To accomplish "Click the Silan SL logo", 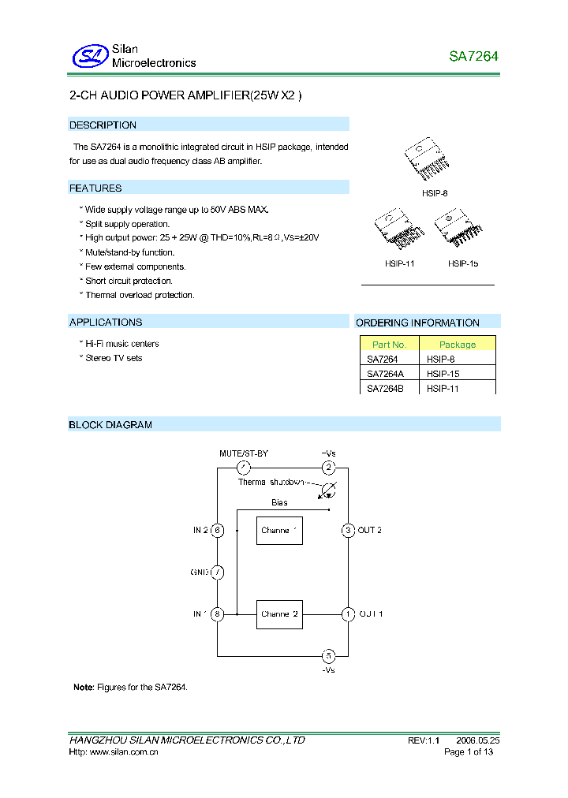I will tap(89, 56).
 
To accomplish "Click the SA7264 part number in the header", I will tap(473, 57).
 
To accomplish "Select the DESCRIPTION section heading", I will tap(103, 125).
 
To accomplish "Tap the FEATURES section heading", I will tap(95, 188).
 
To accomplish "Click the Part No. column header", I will tap(389, 345).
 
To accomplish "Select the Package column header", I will tap(458, 345).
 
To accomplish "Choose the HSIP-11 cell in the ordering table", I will tap(443, 389).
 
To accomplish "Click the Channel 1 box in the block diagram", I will tap(279, 531).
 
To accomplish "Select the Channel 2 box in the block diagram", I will tap(279, 613).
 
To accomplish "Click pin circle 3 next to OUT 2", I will tap(347, 531).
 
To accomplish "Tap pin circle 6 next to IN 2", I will tap(218, 531).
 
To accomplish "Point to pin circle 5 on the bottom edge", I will tap(329, 655).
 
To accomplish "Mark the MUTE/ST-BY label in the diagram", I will tap(244, 453).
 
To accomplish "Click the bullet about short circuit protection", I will tap(129, 281).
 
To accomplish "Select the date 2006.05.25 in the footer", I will tap(476, 740).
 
